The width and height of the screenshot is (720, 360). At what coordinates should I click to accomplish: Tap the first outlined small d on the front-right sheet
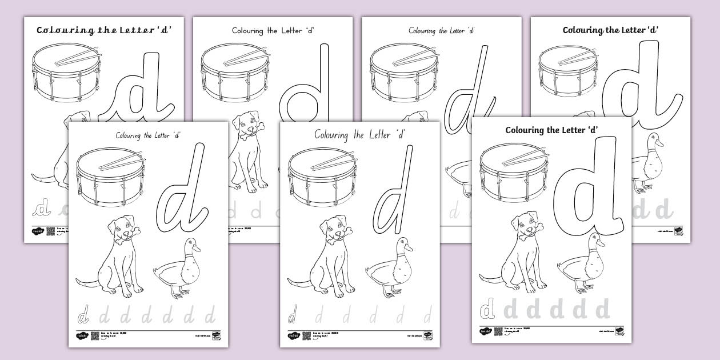click(487, 310)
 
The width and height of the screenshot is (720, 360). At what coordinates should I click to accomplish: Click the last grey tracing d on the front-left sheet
click(210, 314)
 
